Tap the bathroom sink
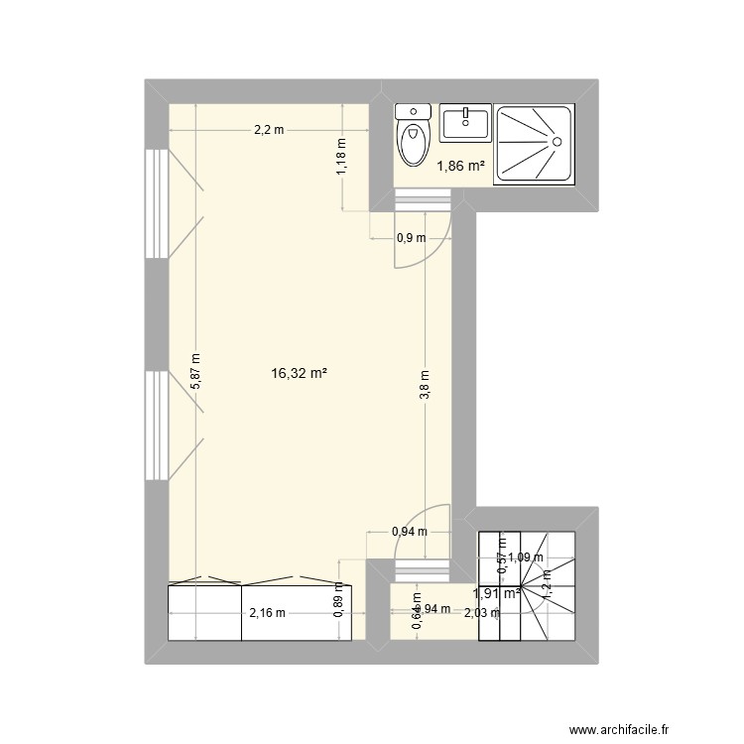[465, 124]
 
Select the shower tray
[535, 144]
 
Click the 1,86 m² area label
[461, 168]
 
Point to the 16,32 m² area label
[299, 374]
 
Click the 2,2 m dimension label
[269, 129]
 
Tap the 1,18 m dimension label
[342, 157]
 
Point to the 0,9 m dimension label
[411, 238]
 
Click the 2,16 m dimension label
[267, 612]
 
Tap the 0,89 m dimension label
[339, 599]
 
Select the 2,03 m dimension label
[483, 612]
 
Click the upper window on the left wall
[156, 202]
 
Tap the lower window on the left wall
[156, 425]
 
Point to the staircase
[527, 585]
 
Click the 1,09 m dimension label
[526, 558]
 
